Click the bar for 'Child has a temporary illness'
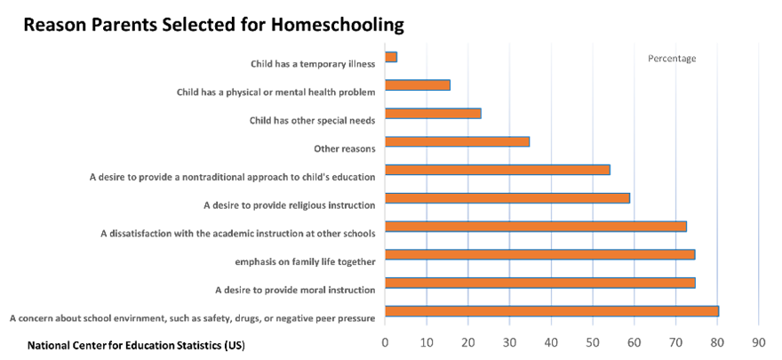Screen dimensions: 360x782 tap(391, 57)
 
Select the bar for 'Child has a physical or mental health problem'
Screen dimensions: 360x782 tap(418, 85)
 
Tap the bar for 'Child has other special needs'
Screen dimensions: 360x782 tap(433, 114)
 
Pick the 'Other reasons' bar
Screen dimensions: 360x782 tap(458, 141)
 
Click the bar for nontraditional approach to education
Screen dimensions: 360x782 tap(498, 170)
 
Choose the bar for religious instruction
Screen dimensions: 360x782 tap(507, 198)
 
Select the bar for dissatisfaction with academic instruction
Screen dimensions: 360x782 tap(536, 227)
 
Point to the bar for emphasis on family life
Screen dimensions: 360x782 tap(539, 255)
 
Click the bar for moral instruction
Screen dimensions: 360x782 tap(539, 283)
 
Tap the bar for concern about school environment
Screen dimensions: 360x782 tap(551, 311)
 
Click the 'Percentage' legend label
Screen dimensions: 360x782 tap(671, 59)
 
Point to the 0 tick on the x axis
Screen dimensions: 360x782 tap(385, 341)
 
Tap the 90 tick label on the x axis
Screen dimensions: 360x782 tap(759, 341)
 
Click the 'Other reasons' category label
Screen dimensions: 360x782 tap(345, 148)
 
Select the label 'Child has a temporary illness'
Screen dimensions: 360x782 tap(312, 64)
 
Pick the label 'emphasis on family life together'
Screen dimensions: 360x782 tap(304, 261)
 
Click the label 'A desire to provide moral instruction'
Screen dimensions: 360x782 tap(295, 290)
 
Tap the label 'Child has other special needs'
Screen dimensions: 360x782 tap(311, 120)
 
